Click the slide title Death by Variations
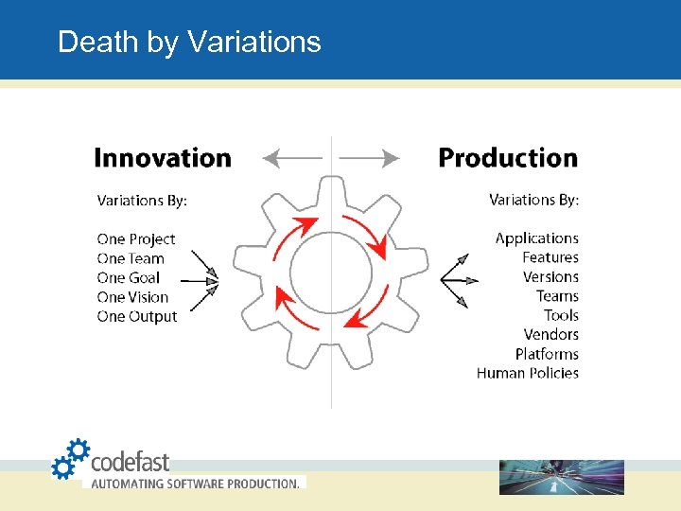coord(189,42)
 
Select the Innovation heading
coord(163,158)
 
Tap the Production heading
coord(508,158)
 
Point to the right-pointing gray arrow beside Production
coord(370,159)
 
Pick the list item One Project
coord(136,239)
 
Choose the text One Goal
coord(129,278)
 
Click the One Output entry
coord(137,316)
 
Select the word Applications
coord(536,238)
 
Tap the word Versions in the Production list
coord(550,277)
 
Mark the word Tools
coord(561,315)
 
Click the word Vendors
coord(550,335)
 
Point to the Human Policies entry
coord(528,373)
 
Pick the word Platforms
coord(547,354)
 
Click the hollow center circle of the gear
coord(331,273)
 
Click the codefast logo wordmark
coord(130,462)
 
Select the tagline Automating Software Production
coord(195,484)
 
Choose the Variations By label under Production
coord(533,200)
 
